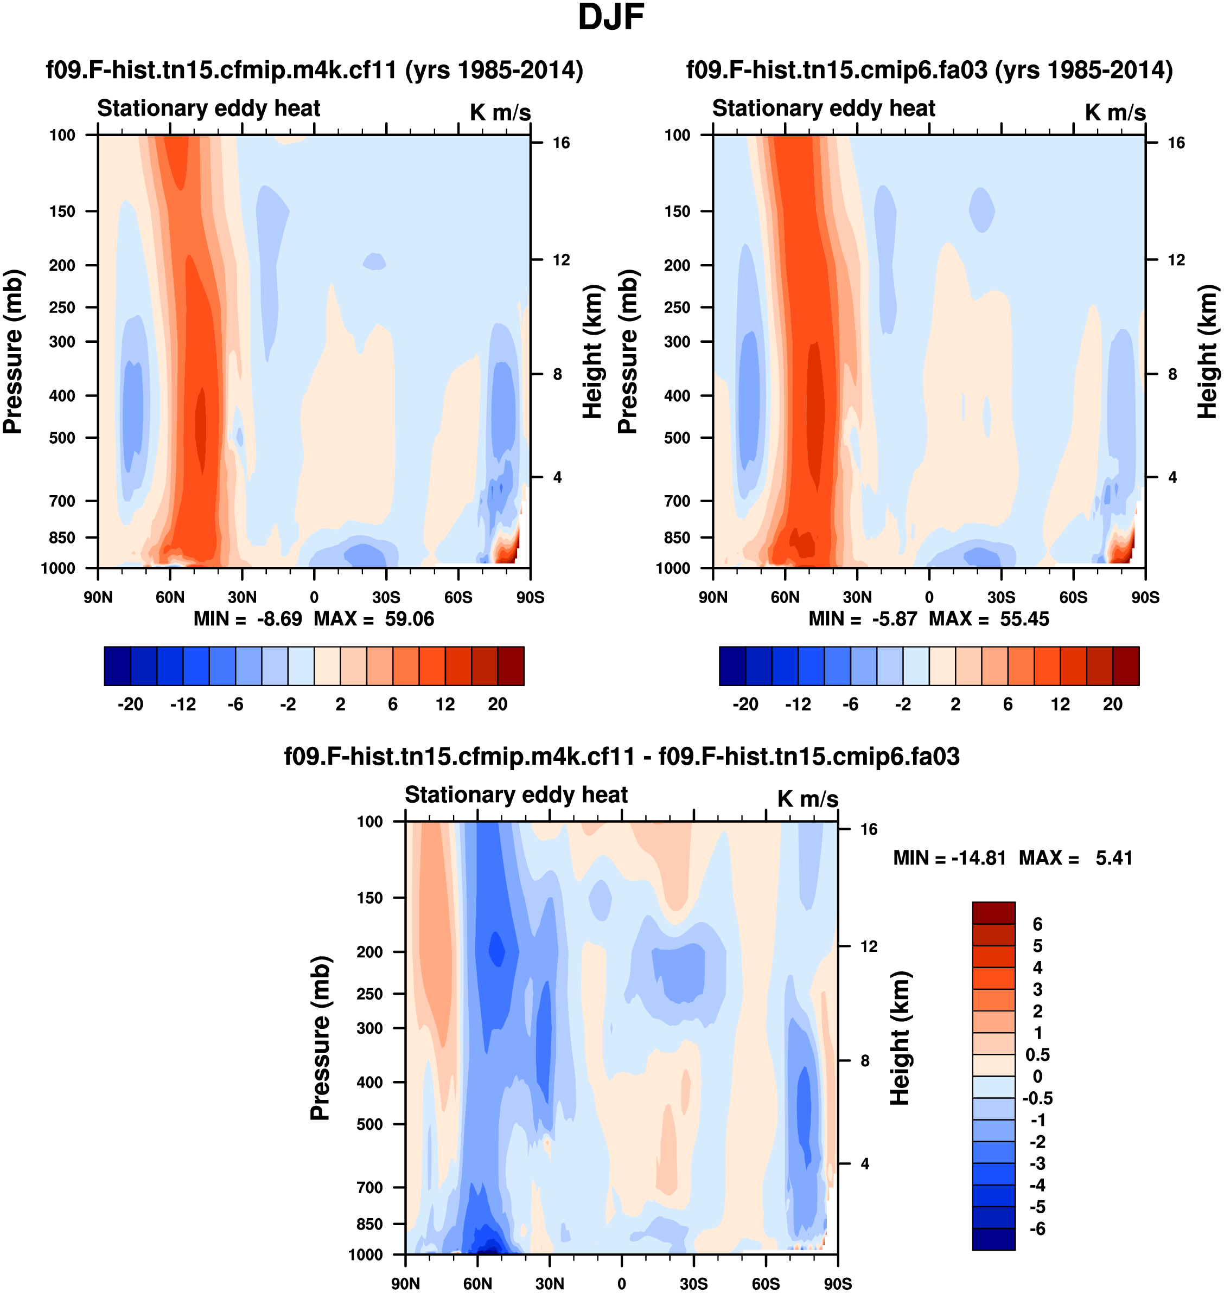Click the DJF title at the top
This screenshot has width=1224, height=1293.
click(x=611, y=17)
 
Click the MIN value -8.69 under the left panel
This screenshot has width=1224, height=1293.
click(x=279, y=618)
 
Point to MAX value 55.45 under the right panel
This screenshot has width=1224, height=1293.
click(x=1024, y=618)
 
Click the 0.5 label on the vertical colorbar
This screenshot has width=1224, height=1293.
click(x=1037, y=1055)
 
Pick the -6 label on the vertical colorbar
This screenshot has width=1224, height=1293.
click(x=1037, y=1229)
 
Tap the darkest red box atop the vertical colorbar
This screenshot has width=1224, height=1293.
click(x=993, y=912)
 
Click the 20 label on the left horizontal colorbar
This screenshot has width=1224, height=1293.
click(x=497, y=705)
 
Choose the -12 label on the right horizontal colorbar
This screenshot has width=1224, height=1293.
click(x=798, y=705)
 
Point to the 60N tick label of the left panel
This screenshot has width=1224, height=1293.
click(x=170, y=598)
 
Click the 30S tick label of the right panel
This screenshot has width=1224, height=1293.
click(x=1001, y=598)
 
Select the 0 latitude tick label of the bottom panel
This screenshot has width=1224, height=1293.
click(x=622, y=1284)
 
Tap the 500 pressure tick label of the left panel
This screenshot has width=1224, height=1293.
click(x=62, y=438)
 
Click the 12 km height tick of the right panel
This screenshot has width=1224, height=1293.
click(x=1176, y=260)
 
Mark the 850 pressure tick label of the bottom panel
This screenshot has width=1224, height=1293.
click(x=369, y=1224)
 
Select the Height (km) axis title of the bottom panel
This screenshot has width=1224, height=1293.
click(x=901, y=1038)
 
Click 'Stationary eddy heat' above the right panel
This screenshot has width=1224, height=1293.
click(x=824, y=108)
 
